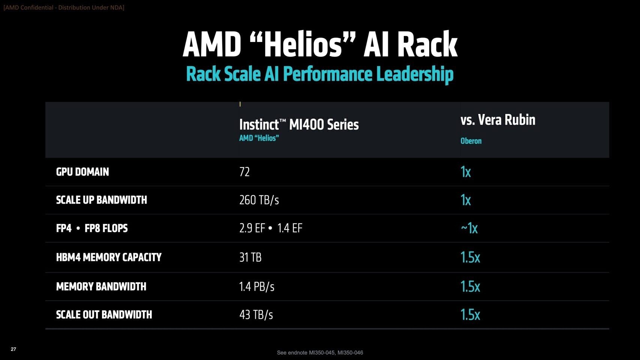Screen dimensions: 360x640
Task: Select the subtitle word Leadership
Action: (x=415, y=74)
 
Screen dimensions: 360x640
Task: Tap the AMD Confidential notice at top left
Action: (x=64, y=7)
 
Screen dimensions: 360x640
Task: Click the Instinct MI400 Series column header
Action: (x=299, y=124)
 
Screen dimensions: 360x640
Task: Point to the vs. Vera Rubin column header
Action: (x=498, y=120)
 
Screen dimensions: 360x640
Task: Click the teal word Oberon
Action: (x=471, y=141)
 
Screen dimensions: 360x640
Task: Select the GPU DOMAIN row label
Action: (x=82, y=172)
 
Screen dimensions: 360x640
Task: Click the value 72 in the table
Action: (x=244, y=172)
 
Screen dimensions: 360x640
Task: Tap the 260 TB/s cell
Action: (x=259, y=200)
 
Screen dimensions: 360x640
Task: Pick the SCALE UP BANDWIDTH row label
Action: (x=101, y=200)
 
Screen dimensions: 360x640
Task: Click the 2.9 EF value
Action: (x=252, y=228)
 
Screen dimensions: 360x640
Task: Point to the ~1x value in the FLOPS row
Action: (x=469, y=228)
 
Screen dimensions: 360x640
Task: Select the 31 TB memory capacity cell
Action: (x=250, y=257)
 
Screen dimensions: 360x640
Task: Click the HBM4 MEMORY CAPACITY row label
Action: (x=109, y=257)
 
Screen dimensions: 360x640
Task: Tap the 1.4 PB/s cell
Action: (x=256, y=286)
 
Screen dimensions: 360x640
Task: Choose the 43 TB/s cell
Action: (x=256, y=315)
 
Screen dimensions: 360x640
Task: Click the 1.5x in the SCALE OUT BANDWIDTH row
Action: (x=470, y=315)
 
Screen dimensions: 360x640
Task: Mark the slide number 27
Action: (x=13, y=349)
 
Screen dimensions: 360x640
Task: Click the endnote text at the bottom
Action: (x=320, y=352)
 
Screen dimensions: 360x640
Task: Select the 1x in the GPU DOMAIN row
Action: (x=465, y=172)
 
